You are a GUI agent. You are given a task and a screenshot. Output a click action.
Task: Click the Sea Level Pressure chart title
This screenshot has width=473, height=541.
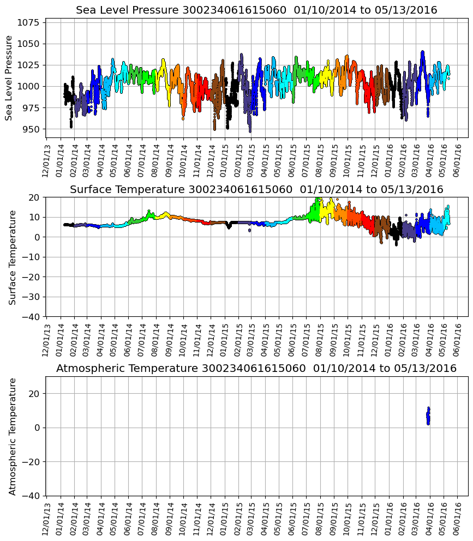(256, 10)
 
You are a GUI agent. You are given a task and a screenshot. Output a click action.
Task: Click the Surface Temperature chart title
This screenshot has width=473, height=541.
(256, 190)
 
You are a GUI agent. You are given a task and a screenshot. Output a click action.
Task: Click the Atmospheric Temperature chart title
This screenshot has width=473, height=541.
(256, 369)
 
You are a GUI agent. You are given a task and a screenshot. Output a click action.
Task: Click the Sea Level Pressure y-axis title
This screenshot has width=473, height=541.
(9, 77)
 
